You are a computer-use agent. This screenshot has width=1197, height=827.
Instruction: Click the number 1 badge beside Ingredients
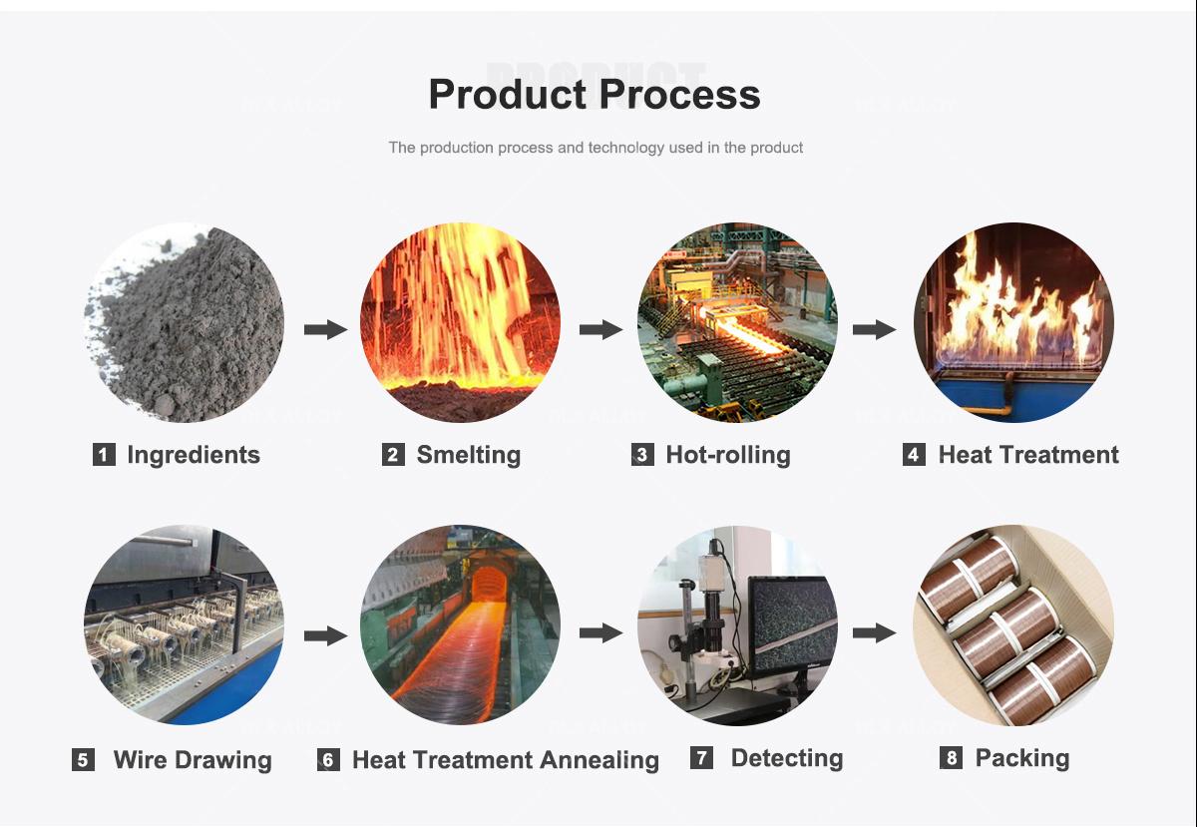[x=104, y=455]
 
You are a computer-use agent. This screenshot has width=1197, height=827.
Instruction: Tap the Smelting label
[x=468, y=455]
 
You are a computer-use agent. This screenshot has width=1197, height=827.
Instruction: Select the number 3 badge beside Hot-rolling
[x=642, y=455]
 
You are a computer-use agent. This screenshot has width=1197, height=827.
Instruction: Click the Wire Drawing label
[x=193, y=760]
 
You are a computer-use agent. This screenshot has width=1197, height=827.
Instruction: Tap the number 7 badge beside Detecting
[x=702, y=758]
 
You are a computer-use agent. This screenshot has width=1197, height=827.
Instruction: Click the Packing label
[x=1021, y=758]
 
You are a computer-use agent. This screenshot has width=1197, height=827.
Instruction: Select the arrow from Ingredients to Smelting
[x=324, y=329]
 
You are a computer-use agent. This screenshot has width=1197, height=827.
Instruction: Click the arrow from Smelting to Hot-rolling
[x=600, y=329]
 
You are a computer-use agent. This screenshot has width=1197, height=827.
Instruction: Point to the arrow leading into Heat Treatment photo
[x=874, y=329]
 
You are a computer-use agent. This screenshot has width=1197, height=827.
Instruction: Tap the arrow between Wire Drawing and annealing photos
[x=324, y=633]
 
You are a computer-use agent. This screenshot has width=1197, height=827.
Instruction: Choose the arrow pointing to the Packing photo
[x=874, y=631]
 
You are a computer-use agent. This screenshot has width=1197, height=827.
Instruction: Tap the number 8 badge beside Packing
[x=952, y=758]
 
